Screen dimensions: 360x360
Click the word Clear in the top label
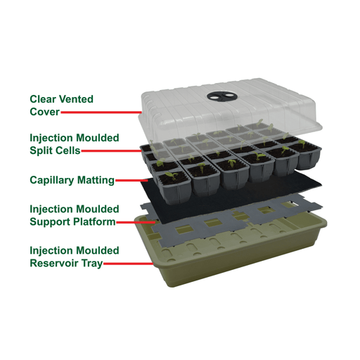pyautogui.click(x=43, y=99)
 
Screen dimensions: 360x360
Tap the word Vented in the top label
pyautogui.click(x=77, y=99)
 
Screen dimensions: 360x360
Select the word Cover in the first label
pyautogui.click(x=44, y=112)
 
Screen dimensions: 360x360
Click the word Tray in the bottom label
pyautogui.click(x=92, y=264)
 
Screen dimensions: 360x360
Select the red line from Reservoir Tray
pyautogui.click(x=130, y=264)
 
